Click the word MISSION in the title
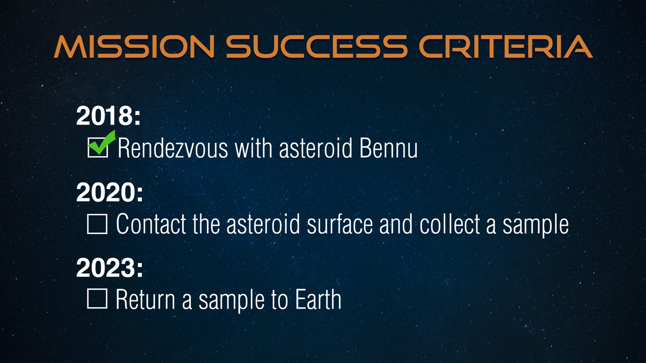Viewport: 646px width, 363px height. point(134,46)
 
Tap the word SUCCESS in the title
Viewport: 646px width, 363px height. point(316,46)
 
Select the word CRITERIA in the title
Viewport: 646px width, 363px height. point(506,46)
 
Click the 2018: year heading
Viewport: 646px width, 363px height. point(109,116)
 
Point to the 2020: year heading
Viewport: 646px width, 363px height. point(110,192)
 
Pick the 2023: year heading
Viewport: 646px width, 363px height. point(110,268)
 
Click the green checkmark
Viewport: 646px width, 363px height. point(101,143)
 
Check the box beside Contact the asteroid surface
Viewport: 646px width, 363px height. point(97,224)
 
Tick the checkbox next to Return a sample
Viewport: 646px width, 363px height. point(97,299)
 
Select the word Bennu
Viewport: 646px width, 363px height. point(389,148)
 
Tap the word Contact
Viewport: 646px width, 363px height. point(151,224)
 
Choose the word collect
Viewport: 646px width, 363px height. point(450,224)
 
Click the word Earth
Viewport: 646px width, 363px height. point(318,299)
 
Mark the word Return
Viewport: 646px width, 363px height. point(145,299)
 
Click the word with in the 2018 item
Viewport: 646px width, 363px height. point(253,148)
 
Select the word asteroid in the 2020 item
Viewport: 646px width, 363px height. point(263,224)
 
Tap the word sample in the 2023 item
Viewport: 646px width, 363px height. point(231,301)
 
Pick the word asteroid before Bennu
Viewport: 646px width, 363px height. point(316,148)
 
